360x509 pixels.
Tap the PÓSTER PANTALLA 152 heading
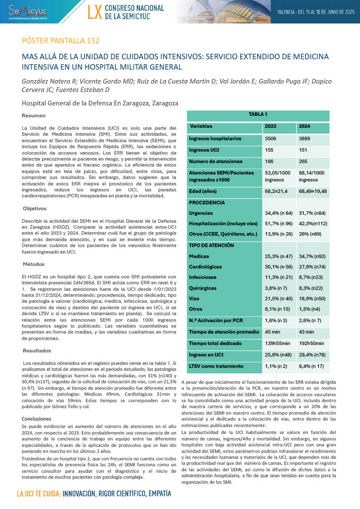[61, 41]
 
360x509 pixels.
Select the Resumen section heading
[33, 116]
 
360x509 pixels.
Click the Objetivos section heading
[35, 209]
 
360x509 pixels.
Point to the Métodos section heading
[34, 264]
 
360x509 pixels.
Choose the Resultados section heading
[37, 350]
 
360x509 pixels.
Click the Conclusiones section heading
[37, 419]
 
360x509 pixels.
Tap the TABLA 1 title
[258, 115]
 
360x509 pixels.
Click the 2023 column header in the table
[271, 126]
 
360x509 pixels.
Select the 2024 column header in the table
[304, 126]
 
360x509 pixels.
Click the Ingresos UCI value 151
[303, 150]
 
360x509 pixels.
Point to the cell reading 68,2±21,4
[277, 191]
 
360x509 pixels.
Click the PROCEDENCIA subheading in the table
[207, 203]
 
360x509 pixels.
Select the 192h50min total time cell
[312, 343]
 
